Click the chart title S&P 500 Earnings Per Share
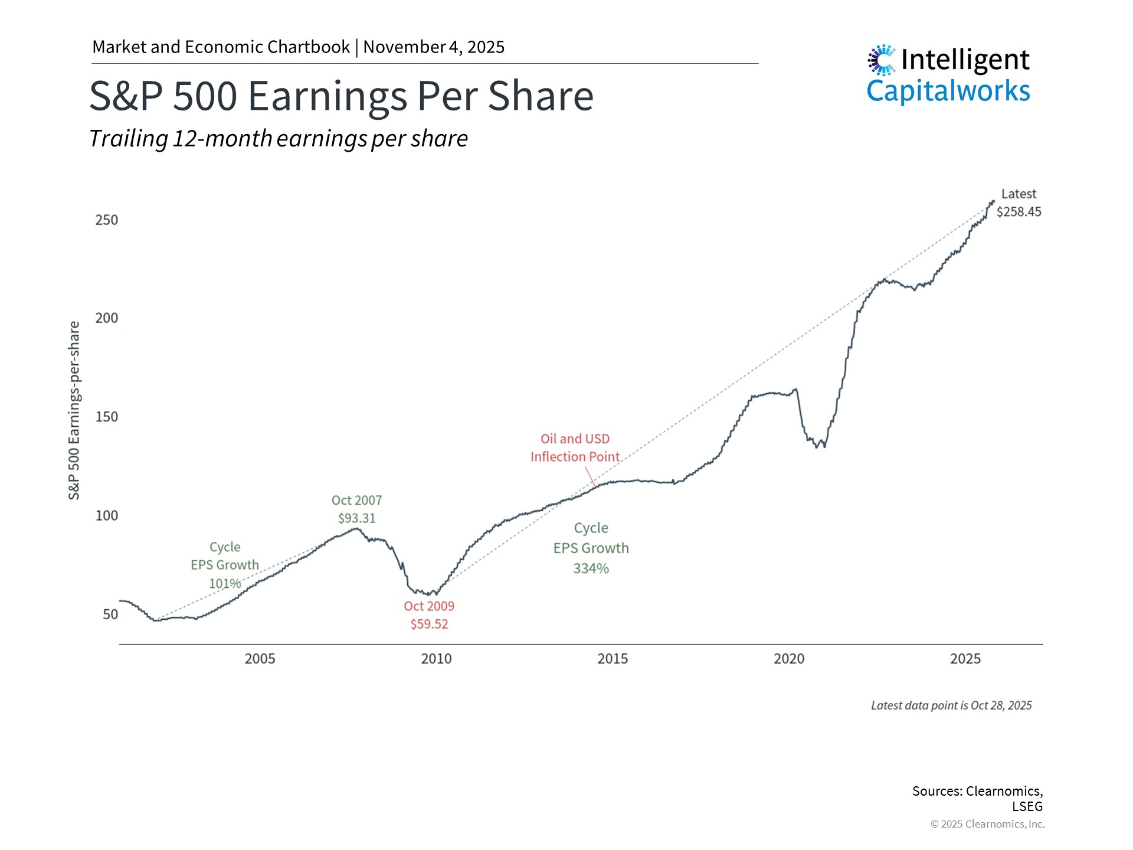[x=341, y=96]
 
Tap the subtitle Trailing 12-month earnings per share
[x=278, y=139]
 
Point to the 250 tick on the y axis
[x=107, y=220]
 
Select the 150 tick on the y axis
[x=107, y=417]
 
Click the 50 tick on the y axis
[x=110, y=614]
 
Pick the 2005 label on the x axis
[x=260, y=659]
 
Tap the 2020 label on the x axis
[x=789, y=659]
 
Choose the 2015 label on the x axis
[x=613, y=659]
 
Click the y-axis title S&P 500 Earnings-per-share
[x=74, y=411]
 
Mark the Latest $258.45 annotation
[x=1019, y=203]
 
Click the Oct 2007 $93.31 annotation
[x=356, y=509]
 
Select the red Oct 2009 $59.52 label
[x=429, y=615]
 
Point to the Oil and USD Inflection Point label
[x=575, y=448]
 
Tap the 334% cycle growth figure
[x=591, y=568]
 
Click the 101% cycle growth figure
[x=225, y=584]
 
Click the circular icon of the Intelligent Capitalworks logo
[x=882, y=60]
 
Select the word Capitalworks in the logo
[x=948, y=91]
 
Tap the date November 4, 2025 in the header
[x=434, y=47]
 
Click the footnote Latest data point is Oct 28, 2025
[x=951, y=705]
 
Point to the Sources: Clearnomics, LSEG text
[x=977, y=798]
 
